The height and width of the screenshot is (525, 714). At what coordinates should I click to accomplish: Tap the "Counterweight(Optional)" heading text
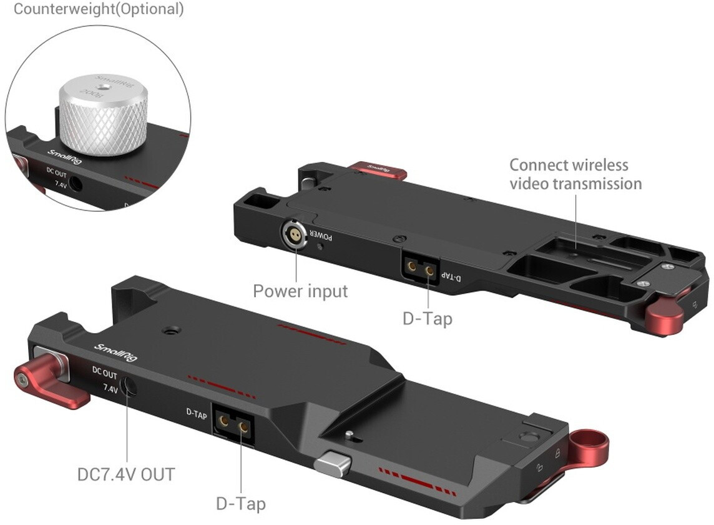click(x=99, y=9)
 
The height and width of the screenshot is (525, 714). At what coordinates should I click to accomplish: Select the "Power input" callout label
click(x=300, y=291)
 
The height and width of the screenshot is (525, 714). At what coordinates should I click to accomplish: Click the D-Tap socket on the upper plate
click(x=420, y=269)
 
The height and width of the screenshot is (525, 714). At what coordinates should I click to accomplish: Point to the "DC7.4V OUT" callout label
click(x=126, y=474)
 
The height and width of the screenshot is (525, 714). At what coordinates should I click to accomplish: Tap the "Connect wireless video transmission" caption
click(x=575, y=174)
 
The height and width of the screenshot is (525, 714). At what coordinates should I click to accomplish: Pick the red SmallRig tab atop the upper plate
click(x=378, y=170)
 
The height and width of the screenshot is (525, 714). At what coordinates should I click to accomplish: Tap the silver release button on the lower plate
click(x=333, y=464)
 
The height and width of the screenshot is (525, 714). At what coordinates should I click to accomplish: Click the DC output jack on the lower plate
click(x=129, y=386)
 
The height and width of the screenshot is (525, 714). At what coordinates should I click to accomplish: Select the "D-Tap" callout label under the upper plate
click(x=428, y=318)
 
